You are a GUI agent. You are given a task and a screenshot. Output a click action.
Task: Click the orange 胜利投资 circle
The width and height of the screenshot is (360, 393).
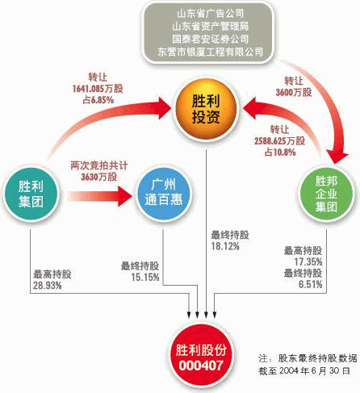point(206,108)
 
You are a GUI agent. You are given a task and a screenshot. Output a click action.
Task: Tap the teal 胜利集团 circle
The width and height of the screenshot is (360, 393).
point(31,194)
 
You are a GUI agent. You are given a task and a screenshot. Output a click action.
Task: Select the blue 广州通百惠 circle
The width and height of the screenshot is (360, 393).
point(163,194)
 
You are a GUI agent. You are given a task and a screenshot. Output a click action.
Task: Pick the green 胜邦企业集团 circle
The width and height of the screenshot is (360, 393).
point(326,194)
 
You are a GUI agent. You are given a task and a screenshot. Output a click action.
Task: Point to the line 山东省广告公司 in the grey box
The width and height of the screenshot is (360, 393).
point(211,13)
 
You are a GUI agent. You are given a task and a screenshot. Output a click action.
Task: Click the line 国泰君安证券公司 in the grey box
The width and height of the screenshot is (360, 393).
point(211,39)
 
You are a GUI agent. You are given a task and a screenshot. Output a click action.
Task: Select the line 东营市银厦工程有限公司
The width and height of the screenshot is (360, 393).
point(211,52)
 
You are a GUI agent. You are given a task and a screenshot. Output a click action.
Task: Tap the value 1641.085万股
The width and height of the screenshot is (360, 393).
point(98,89)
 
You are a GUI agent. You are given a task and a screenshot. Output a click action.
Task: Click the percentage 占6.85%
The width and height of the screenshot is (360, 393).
point(98,100)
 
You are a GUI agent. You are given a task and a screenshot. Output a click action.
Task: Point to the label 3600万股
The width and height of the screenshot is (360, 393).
point(294,92)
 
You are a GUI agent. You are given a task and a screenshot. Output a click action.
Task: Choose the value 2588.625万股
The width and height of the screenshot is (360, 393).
point(279,141)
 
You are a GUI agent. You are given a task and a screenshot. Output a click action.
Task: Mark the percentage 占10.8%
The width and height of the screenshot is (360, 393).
point(280,153)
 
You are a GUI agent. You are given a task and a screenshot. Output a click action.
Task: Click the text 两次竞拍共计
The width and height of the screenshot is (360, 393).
point(99,165)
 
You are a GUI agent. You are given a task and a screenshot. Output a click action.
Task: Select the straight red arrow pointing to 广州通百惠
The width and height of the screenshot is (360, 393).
point(100,196)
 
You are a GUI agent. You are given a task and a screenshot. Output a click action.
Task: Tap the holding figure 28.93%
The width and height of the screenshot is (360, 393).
point(48,286)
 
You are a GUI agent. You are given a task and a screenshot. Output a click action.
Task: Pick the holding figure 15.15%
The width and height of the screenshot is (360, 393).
point(145,277)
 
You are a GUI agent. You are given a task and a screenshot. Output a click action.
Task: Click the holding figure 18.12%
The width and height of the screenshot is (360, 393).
point(225,246)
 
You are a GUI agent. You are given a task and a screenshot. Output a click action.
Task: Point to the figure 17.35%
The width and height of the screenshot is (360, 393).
point(308,261)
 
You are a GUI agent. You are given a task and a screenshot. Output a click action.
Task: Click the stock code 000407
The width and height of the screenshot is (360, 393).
point(201,366)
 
